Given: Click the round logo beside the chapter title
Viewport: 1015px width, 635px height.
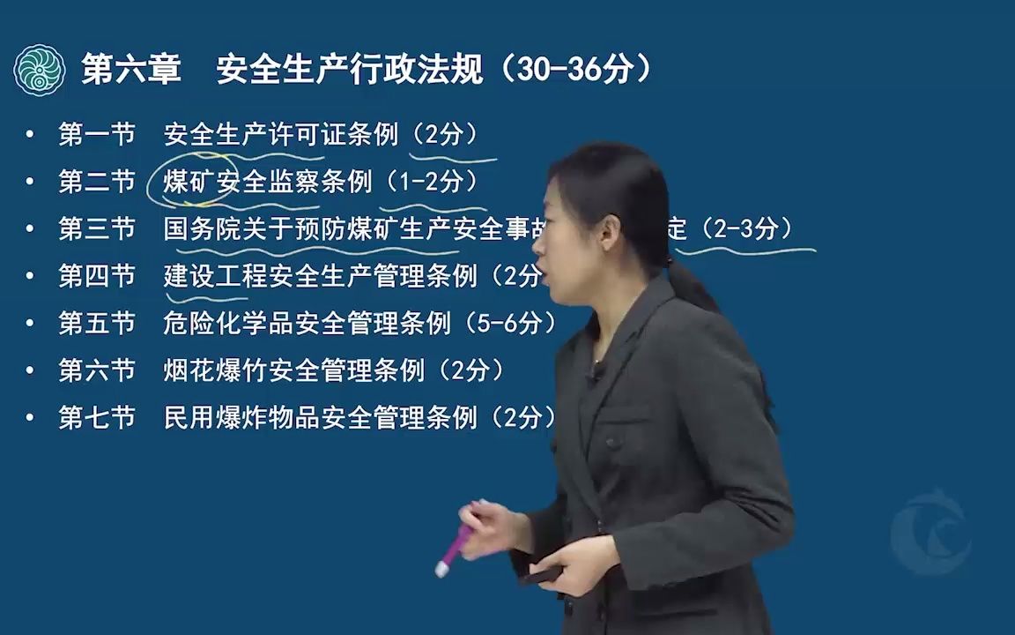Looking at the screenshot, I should [x=40, y=71].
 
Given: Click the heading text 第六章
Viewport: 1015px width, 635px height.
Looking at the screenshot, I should [x=130, y=70].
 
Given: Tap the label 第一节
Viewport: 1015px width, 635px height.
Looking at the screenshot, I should [x=97, y=134].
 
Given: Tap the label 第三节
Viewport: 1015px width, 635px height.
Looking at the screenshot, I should [x=97, y=229].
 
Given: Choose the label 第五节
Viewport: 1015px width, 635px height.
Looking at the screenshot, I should [x=97, y=324].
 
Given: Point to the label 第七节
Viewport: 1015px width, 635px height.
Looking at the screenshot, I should [x=97, y=418].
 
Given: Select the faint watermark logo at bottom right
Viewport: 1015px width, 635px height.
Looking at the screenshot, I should [x=930, y=534].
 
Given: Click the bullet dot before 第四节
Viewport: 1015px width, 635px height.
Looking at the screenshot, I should [x=31, y=277].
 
